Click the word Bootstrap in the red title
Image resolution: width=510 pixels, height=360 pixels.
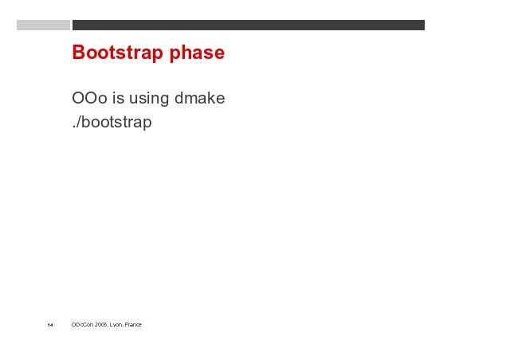(117, 52)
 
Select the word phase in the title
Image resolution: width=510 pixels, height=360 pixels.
(197, 53)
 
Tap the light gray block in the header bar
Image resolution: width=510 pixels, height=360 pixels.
(43, 25)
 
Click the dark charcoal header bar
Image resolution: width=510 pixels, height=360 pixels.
(249, 25)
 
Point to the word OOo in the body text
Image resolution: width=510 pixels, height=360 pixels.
(89, 98)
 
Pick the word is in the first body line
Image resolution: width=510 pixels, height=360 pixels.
(119, 98)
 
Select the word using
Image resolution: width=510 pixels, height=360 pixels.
(149, 100)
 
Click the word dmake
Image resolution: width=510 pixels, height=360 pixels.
(200, 97)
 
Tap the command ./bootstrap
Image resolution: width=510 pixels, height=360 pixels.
(112, 123)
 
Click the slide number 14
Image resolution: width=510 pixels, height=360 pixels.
(50, 325)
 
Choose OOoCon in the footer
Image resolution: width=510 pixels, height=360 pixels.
(82, 324)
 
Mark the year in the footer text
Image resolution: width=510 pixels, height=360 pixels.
(101, 324)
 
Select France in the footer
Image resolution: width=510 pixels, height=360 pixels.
(133, 324)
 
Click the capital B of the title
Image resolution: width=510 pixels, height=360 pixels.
(79, 53)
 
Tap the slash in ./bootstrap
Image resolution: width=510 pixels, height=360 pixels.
(78, 123)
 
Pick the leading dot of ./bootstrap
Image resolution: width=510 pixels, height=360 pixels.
(73, 127)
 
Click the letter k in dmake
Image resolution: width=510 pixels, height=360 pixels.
(212, 97)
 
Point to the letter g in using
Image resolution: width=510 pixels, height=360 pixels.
(165, 100)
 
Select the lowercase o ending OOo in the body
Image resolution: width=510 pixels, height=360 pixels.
(103, 100)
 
